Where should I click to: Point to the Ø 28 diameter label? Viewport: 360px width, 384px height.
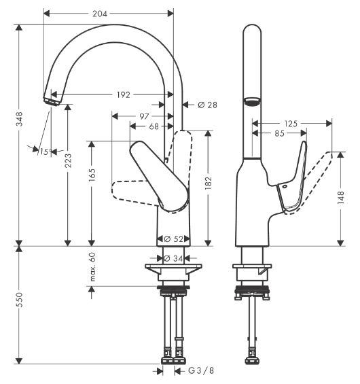pos(206,105)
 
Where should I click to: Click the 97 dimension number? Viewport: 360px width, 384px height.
pos(144,117)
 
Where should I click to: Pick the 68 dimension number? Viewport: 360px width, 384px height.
pos(154,126)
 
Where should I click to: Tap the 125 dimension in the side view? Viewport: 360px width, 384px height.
pos(291,124)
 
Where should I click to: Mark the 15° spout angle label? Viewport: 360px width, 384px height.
pos(44,152)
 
